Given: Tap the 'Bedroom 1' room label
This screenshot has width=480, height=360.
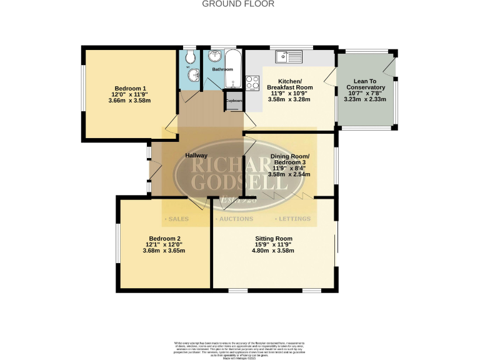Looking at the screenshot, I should click(x=130, y=88).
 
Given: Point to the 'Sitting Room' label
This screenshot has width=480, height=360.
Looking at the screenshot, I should click(x=273, y=238).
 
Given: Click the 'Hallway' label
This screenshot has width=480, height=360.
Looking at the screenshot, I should click(x=196, y=155).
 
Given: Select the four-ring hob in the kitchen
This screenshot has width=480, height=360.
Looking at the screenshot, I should click(x=253, y=82).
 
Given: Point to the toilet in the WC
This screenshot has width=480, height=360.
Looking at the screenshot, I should click(x=189, y=58).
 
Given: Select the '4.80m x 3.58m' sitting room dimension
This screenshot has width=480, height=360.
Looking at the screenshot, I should click(x=273, y=251).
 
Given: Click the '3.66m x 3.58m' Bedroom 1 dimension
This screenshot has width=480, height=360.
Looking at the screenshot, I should click(x=130, y=101).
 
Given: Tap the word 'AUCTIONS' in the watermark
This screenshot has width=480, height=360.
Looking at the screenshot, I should click(x=235, y=219).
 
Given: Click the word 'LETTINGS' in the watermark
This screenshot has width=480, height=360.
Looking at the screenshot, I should click(x=293, y=219).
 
